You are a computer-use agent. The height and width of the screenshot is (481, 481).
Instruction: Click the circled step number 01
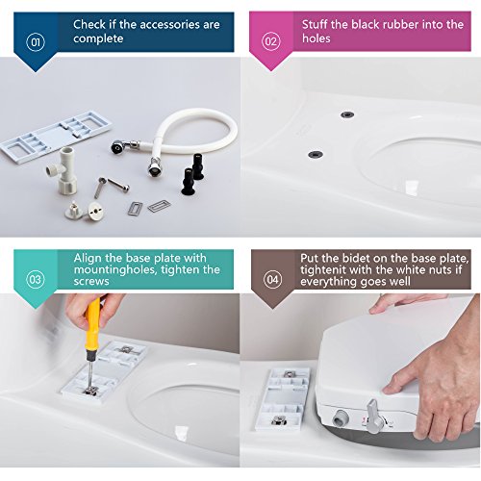[36, 42]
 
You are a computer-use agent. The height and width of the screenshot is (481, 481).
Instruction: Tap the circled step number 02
[271, 41]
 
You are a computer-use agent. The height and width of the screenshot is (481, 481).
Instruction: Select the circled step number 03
[36, 279]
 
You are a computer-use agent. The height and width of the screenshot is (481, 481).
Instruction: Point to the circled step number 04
[272, 279]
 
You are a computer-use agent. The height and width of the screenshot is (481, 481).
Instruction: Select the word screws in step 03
[91, 282]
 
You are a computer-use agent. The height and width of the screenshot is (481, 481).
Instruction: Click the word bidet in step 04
[354, 258]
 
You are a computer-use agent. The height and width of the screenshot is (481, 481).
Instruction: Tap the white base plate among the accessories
[56, 138]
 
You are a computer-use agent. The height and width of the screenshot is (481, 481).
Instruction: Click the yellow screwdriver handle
[92, 323]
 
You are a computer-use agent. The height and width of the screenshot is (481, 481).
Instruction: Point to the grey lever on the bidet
[374, 416]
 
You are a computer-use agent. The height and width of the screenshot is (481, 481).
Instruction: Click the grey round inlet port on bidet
[341, 418]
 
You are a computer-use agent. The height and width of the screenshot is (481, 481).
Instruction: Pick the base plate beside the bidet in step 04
[282, 399]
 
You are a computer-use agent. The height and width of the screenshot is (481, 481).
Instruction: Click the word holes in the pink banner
[316, 38]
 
